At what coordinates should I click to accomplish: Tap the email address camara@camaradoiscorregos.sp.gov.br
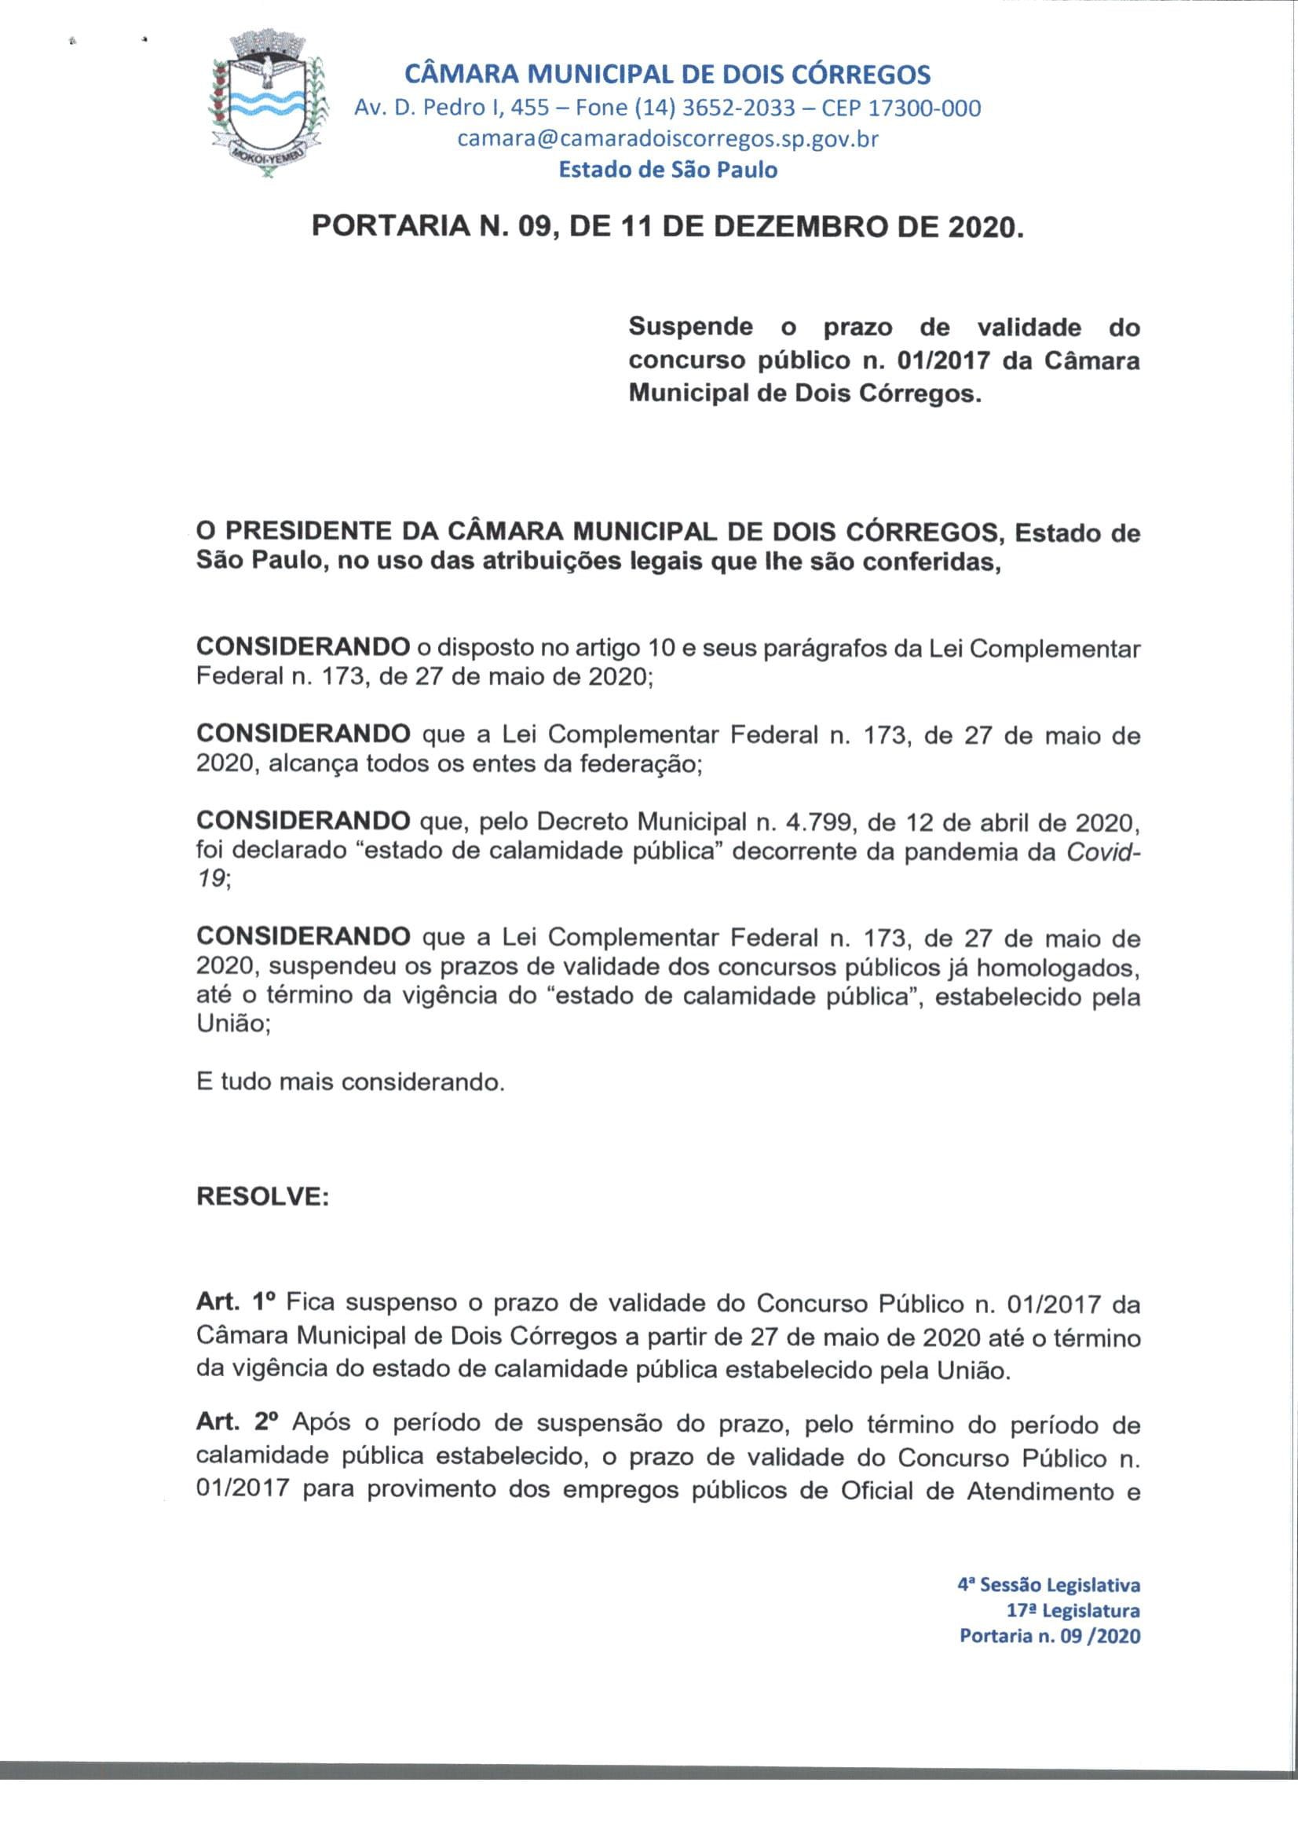(x=667, y=139)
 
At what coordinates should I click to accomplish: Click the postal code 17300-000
(x=924, y=108)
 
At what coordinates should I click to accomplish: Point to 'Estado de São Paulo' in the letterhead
(x=667, y=170)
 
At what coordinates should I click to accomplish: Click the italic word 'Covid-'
(x=1102, y=852)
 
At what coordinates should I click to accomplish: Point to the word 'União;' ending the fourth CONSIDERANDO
(x=233, y=1025)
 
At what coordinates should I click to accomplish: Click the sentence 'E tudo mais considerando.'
(x=350, y=1082)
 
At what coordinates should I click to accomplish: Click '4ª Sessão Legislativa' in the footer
(x=1048, y=1584)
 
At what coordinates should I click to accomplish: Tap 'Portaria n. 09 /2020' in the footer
(x=1049, y=1636)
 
